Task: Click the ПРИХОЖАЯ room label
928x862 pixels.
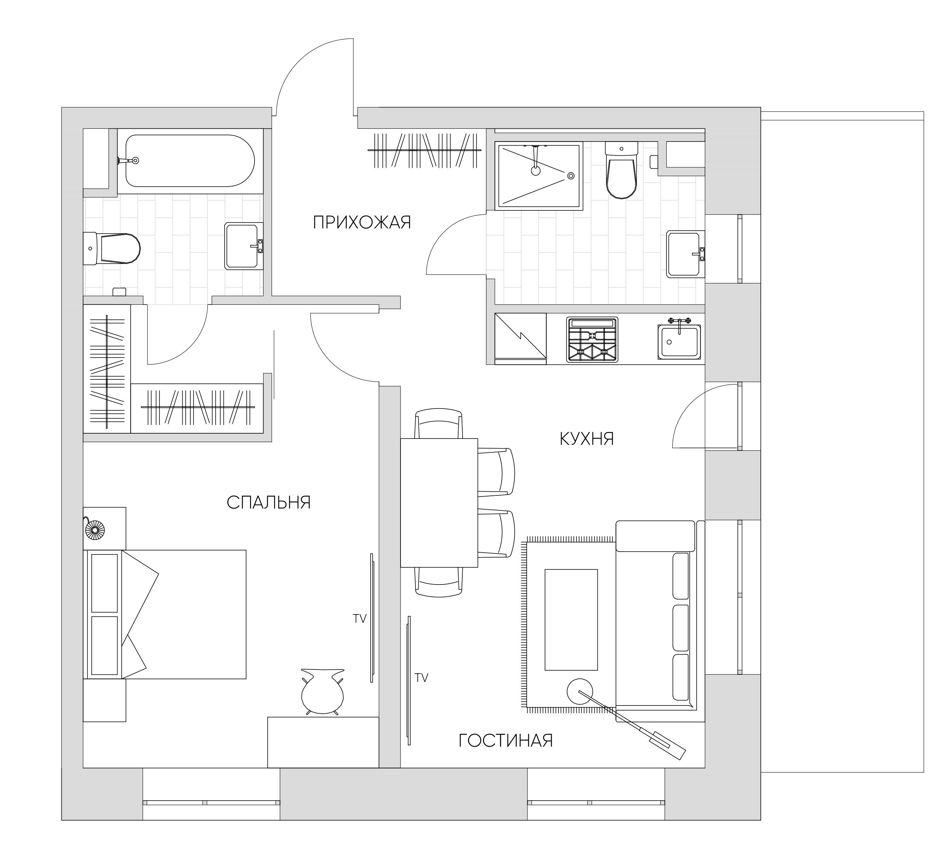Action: click(362, 222)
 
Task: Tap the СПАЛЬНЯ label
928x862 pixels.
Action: click(269, 503)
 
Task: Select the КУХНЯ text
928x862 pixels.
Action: click(587, 439)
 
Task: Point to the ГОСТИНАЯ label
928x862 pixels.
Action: click(505, 741)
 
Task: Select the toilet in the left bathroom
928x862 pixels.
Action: click(112, 249)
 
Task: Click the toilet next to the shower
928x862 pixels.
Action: click(621, 171)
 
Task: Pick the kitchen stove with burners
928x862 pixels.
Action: click(592, 340)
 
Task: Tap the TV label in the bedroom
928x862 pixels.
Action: click(359, 619)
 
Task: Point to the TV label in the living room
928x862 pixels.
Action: click(421, 678)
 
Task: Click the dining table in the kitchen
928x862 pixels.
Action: click(439, 503)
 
